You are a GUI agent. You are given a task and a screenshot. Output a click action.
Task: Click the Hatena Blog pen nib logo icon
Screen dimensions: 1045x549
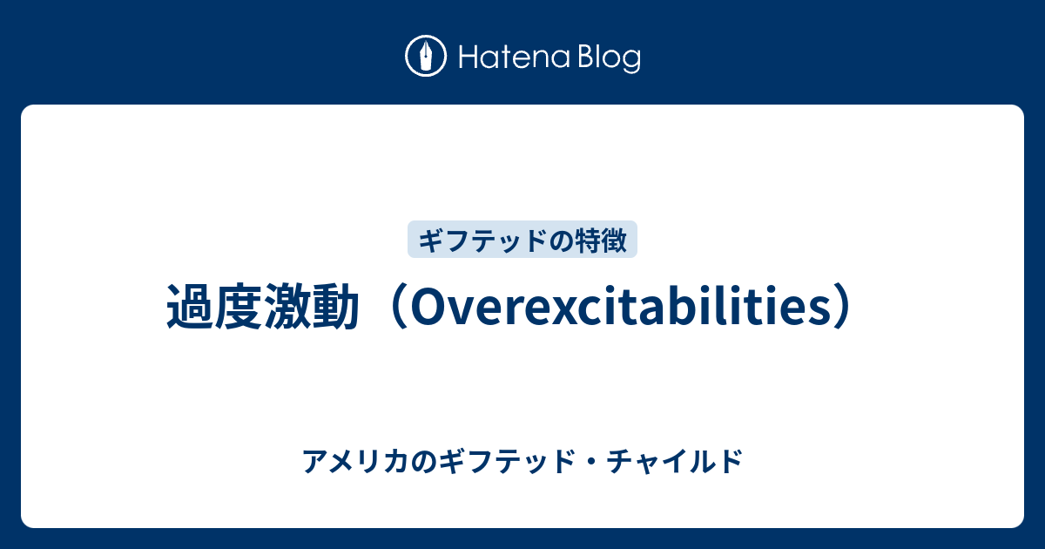pos(426,56)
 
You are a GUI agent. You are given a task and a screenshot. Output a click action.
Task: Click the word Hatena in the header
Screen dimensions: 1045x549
pos(515,58)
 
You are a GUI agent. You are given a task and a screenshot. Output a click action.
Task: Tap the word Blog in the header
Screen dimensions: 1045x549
pos(610,58)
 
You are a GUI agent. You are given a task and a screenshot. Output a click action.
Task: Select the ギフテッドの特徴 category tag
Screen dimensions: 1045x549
pos(522,239)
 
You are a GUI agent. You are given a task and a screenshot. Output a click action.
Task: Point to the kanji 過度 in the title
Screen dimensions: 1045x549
pos(214,306)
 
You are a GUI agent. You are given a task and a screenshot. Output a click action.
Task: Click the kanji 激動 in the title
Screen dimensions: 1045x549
pos(312,306)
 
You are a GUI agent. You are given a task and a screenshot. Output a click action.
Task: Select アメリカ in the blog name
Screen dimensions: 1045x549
pos(355,461)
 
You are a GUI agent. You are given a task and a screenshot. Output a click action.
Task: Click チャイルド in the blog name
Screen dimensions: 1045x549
pos(675,461)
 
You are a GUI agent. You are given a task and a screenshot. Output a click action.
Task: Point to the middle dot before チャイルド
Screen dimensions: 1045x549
pos(590,462)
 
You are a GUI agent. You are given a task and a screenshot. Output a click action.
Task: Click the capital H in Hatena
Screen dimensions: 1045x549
pos(469,58)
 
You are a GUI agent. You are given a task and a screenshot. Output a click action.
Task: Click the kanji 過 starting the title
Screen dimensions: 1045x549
pos(191,306)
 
